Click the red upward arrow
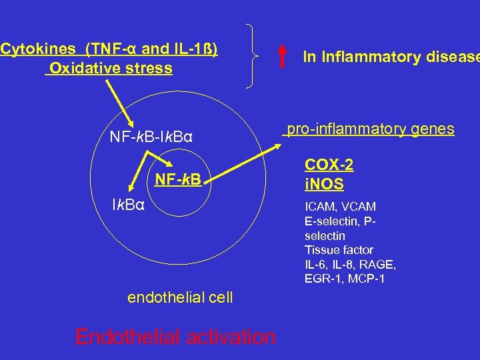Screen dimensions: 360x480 coord(282,57)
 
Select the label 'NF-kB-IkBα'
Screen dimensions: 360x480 coord(151,138)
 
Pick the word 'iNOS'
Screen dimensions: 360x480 coord(324,183)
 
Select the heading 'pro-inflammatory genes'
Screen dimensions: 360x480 coord(371,129)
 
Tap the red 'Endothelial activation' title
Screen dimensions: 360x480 coord(175,337)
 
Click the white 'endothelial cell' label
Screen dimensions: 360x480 coord(180,297)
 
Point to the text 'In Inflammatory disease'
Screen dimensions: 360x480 coord(391,57)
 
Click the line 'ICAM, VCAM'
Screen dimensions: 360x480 coord(340,207)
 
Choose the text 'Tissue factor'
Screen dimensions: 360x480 coord(339,250)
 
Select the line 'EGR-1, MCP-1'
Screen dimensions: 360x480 coord(344,279)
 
